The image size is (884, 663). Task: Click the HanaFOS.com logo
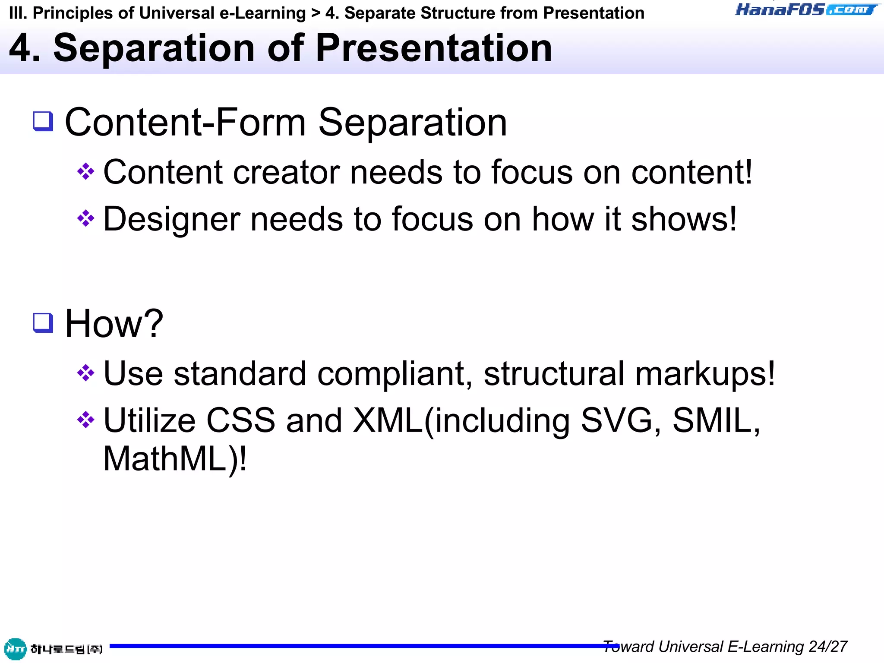coord(806,9)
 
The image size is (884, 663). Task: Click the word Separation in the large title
coord(154,48)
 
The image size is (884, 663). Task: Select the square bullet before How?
coord(43,322)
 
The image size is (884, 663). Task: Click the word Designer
coord(171,219)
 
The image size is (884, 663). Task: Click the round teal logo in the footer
coord(15,649)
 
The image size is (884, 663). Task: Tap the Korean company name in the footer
coord(66,649)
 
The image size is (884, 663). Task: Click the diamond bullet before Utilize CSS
coord(85,420)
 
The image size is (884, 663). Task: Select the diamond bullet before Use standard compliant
coord(85,373)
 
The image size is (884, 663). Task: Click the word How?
coord(114,324)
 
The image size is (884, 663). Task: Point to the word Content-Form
coord(185,123)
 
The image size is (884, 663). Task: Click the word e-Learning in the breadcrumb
coord(262,13)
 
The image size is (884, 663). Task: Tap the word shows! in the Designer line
coord(684,219)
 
